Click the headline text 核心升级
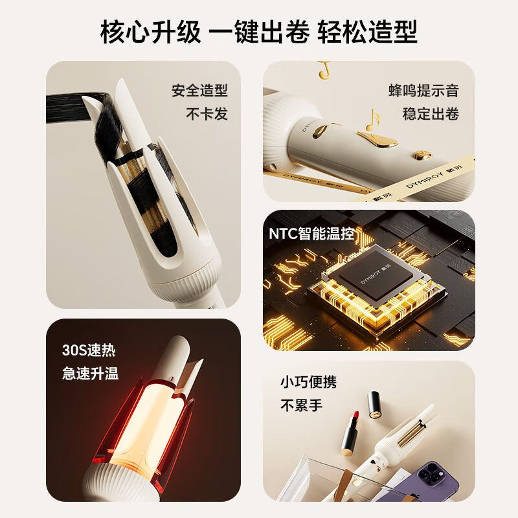tap(150, 32)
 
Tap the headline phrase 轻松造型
tap(368, 32)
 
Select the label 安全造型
tap(199, 91)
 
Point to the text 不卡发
tap(207, 114)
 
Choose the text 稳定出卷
tap(431, 114)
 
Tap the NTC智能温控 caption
tap(311, 234)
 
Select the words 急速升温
tap(91, 373)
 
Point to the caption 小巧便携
tap(308, 382)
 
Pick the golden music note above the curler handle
tap(372, 120)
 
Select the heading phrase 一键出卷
tap(259, 32)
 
